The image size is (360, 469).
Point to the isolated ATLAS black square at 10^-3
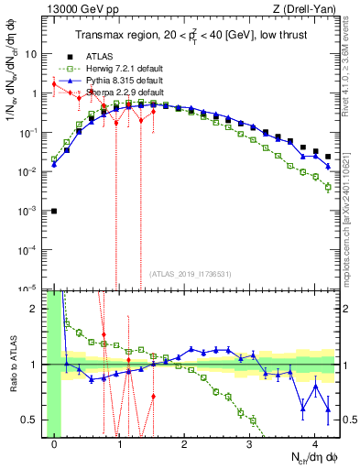tap(54, 211)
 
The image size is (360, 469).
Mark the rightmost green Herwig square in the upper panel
tap(328, 188)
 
